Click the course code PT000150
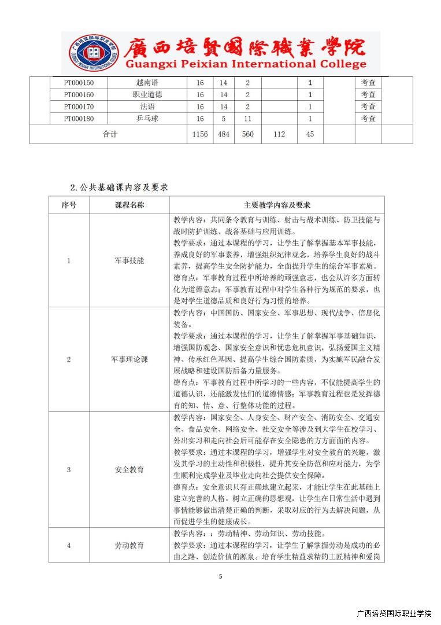tap(79, 83)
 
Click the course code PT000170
tap(79, 106)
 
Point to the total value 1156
tap(199, 134)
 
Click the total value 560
tap(247, 134)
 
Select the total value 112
tap(279, 134)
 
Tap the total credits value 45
tap(310, 134)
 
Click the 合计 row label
tap(110, 134)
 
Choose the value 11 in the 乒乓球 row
tap(247, 119)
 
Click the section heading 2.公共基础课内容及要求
tap(119, 187)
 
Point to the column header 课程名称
tap(129, 205)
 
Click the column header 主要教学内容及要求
tap(277, 205)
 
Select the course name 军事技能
tap(129, 260)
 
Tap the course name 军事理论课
tap(129, 359)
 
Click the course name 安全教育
tap(129, 469)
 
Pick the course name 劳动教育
tap(129, 545)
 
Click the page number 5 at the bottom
tap(220, 576)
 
